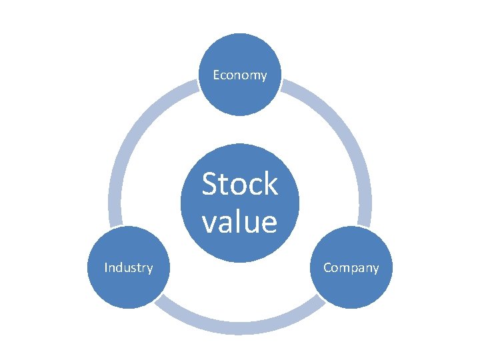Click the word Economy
pyautogui.click(x=240, y=75)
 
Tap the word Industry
pyautogui.click(x=129, y=268)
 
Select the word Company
pyautogui.click(x=351, y=268)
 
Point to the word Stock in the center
pyautogui.click(x=240, y=185)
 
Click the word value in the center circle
pyautogui.click(x=239, y=221)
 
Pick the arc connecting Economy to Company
pyautogui.click(x=339, y=133)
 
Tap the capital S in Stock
pyautogui.click(x=211, y=185)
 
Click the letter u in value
pyautogui.click(x=252, y=223)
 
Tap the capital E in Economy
pyautogui.click(x=216, y=75)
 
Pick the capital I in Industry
pyautogui.click(x=107, y=268)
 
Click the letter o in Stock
pyautogui.click(x=238, y=187)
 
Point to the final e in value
pyautogui.click(x=269, y=223)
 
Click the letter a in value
pyautogui.click(x=225, y=223)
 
